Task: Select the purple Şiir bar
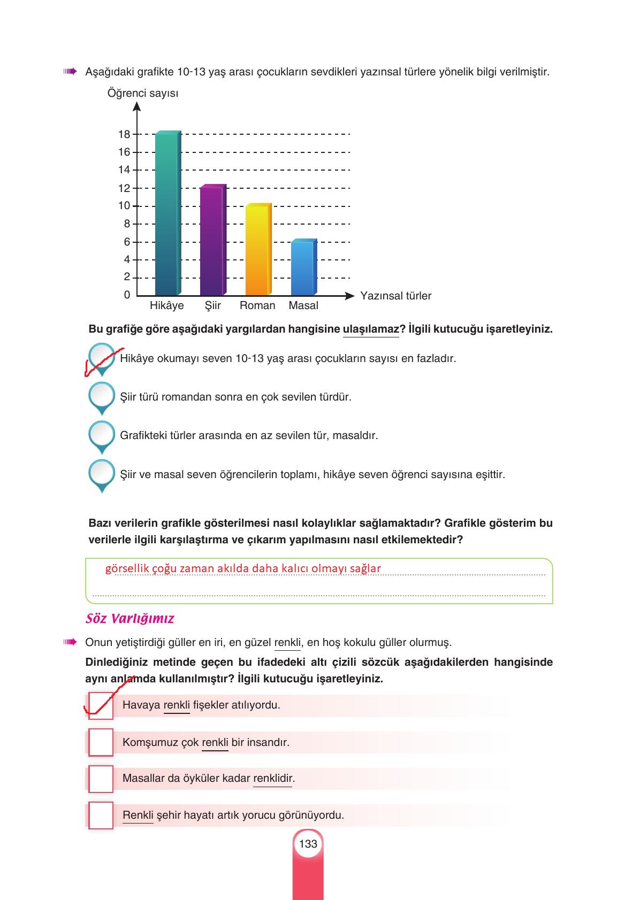(x=212, y=241)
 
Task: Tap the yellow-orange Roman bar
(x=258, y=250)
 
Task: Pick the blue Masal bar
(x=303, y=267)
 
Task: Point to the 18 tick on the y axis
(x=124, y=134)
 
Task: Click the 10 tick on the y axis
(x=124, y=206)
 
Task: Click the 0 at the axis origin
(x=127, y=295)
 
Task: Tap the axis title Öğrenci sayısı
(x=143, y=93)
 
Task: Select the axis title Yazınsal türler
(x=395, y=296)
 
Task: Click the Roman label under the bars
(x=257, y=305)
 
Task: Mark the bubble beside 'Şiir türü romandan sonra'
(x=101, y=396)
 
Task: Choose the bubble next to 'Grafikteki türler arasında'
(x=101, y=435)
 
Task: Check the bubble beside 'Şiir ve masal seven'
(x=101, y=473)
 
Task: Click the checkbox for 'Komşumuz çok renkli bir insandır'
(x=101, y=742)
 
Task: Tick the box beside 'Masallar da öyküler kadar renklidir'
(x=101, y=779)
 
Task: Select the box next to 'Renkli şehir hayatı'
(x=101, y=816)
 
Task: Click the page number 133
(x=308, y=844)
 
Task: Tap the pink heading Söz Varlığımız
(x=130, y=619)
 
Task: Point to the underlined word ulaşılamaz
(x=371, y=329)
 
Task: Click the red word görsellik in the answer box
(x=127, y=568)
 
